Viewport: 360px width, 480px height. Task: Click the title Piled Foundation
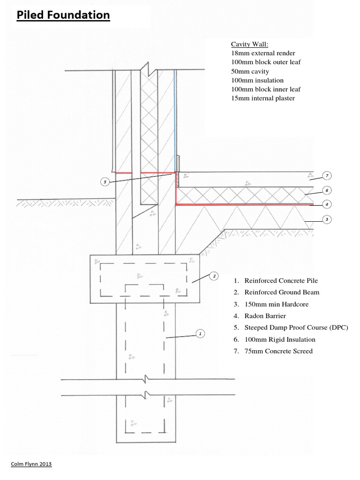63,15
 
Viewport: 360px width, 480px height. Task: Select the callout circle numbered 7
327,176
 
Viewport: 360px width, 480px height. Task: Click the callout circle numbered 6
327,190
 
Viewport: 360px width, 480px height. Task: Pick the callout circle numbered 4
327,204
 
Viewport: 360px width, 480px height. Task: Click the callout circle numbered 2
214,276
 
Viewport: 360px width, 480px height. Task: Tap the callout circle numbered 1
200,333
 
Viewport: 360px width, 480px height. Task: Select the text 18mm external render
263,53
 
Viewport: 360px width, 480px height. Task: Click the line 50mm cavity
250,71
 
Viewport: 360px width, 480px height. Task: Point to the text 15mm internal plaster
262,98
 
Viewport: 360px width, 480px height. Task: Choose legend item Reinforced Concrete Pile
281,280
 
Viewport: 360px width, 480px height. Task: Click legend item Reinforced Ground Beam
282,292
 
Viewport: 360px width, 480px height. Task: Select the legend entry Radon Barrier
265,316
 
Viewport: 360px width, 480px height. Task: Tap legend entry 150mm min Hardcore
277,304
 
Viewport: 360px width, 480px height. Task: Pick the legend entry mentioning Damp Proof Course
296,328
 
